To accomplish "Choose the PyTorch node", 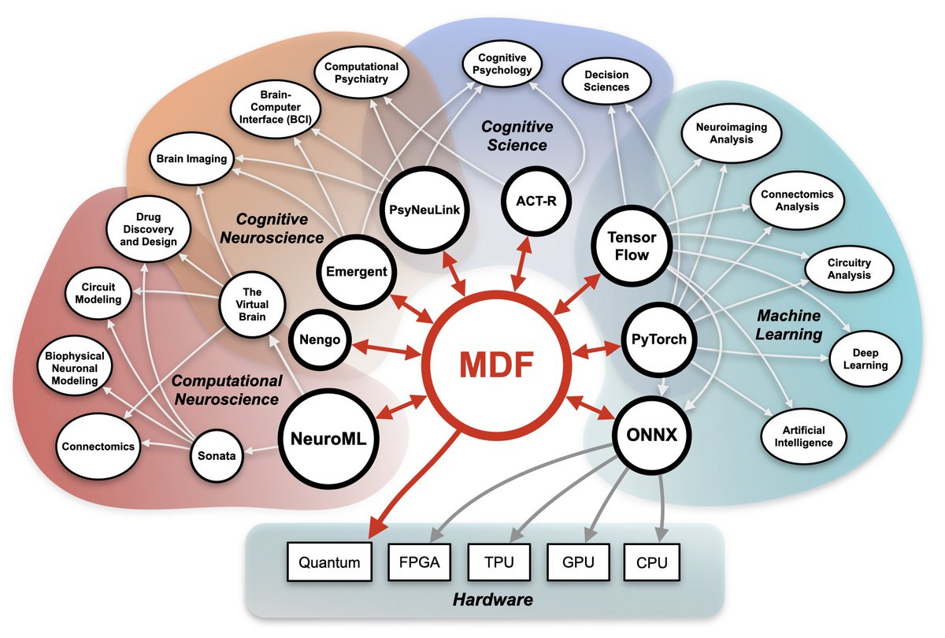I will pos(659,340).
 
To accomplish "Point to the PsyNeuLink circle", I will pos(424,210).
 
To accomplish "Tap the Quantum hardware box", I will pos(329,563).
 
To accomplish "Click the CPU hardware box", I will pos(651,563).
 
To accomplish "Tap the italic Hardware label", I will pos(492,600).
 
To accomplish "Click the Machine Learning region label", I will pos(788,325).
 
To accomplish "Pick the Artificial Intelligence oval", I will pos(802,436).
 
